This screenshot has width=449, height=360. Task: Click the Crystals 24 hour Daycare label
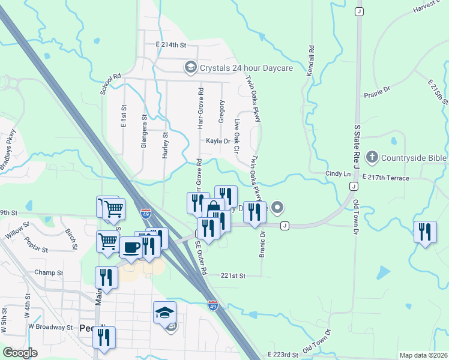[246, 68]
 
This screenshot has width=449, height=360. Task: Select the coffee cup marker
[131, 247]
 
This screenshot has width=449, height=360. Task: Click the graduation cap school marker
[164, 313]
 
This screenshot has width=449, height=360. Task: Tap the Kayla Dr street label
[218, 141]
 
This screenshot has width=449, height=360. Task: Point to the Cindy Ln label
[337, 173]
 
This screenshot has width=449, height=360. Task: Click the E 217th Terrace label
[386, 178]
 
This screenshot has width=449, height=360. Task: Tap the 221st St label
[234, 275]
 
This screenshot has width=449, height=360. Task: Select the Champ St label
[49, 272]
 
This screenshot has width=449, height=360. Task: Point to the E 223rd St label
[283, 355]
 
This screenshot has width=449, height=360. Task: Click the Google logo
[20, 353]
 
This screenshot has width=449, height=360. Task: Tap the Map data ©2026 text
[423, 355]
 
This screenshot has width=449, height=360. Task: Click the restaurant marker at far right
[425, 232]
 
